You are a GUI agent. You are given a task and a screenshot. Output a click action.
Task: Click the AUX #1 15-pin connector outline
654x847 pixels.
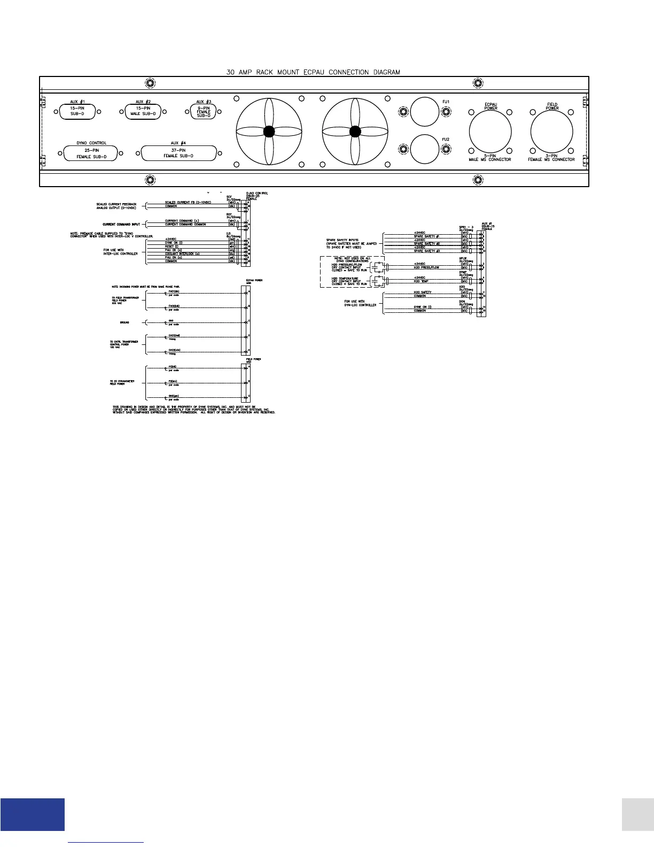point(77,111)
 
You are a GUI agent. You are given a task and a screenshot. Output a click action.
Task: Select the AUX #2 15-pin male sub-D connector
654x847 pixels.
point(143,111)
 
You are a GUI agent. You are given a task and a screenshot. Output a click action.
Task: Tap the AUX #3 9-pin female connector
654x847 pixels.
point(204,111)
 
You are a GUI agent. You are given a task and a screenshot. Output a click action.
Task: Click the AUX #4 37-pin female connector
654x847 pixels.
point(178,153)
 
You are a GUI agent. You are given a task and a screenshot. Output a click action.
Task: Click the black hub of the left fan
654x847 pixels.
point(269,132)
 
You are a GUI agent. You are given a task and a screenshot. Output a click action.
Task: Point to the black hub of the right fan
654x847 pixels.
point(355,132)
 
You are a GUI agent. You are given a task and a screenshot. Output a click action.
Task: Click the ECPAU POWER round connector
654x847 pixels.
point(490,132)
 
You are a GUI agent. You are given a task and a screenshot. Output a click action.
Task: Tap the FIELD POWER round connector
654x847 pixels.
point(551,132)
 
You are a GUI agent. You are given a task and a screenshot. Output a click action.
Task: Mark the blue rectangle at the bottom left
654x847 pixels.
point(33,814)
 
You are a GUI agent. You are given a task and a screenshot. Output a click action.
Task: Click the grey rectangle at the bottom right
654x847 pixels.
point(638,814)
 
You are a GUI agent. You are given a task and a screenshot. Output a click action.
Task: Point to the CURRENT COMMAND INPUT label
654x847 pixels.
point(121,225)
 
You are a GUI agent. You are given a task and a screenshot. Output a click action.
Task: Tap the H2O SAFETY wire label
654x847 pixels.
point(423,292)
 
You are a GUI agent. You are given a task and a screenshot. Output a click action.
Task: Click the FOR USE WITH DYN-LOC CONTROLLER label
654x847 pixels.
point(361,303)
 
